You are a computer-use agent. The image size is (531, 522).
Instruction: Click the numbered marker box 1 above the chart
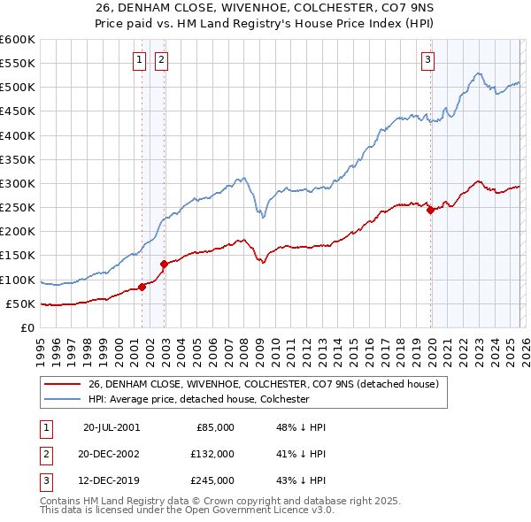click(140, 60)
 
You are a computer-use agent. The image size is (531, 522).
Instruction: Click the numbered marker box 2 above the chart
click(162, 60)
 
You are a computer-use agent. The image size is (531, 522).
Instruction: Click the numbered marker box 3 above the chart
click(427, 60)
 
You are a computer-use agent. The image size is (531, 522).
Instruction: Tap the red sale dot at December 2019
click(430, 211)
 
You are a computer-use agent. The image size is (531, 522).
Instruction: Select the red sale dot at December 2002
click(164, 264)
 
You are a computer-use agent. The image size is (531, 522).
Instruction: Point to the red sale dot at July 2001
click(142, 287)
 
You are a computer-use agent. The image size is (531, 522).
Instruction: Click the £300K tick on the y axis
click(19, 183)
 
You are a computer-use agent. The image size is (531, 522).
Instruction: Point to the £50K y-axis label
click(21, 303)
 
